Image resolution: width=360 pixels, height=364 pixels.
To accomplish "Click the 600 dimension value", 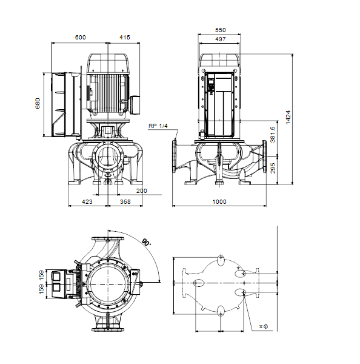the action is pyautogui.click(x=80, y=38).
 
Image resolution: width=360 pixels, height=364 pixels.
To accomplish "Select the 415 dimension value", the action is pyautogui.click(x=125, y=38).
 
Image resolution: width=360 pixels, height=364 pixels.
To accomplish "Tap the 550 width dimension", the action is pyautogui.click(x=220, y=30).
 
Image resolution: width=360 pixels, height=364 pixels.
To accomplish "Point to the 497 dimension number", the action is pyautogui.click(x=220, y=39).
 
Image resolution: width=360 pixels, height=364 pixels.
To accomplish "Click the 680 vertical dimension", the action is pyautogui.click(x=38, y=103).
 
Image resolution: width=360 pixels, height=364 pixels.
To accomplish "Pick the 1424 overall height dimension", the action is pyautogui.click(x=288, y=118).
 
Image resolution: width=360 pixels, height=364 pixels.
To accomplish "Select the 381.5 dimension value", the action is pyautogui.click(x=273, y=135).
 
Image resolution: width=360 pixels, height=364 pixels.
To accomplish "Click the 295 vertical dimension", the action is pyautogui.click(x=273, y=168).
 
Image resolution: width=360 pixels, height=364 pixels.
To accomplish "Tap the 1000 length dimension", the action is pyautogui.click(x=219, y=202).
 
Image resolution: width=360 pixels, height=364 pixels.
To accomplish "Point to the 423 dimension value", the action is pyautogui.click(x=87, y=202).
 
